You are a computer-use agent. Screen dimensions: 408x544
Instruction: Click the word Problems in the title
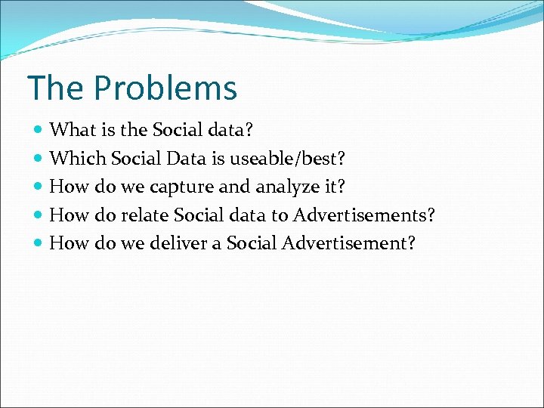(x=165, y=88)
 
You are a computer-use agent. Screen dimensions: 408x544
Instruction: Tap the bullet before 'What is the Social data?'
(x=39, y=131)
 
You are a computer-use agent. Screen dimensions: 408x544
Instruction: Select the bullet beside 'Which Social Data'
(x=39, y=159)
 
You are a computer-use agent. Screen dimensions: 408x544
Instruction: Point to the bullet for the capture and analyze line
(x=39, y=187)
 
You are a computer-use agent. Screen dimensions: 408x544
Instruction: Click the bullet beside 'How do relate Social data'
(x=39, y=215)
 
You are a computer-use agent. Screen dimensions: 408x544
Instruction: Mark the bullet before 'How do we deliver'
(x=39, y=243)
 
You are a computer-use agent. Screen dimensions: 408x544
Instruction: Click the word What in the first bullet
(x=69, y=130)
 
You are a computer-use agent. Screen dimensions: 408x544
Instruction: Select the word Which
(x=77, y=158)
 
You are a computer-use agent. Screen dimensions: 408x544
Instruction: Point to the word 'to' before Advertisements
(x=280, y=215)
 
